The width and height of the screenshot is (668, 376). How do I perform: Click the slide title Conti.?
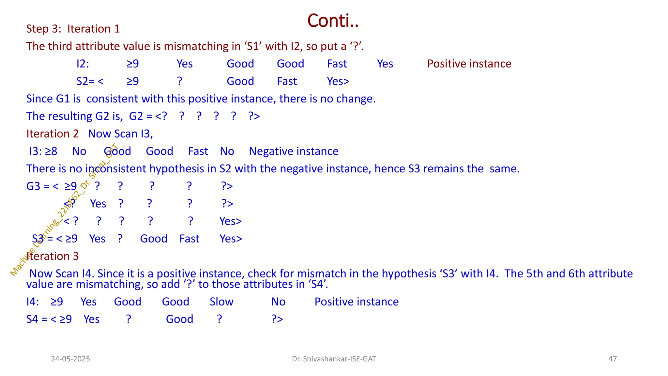333,21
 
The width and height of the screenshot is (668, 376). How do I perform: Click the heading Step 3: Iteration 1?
73,29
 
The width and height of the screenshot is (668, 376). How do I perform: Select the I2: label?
83,64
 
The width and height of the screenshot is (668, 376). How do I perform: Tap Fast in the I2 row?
337,64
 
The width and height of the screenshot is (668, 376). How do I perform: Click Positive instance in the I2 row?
469,64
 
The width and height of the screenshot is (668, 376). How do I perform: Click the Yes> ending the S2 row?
338,81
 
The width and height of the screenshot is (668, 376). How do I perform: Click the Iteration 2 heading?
53,134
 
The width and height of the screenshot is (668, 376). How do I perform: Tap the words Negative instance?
294,151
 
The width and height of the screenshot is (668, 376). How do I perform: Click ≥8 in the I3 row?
51,151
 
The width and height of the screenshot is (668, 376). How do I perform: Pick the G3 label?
33,186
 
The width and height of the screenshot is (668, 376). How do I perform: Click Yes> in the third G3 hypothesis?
230,221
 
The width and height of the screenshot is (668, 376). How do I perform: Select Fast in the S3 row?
189,239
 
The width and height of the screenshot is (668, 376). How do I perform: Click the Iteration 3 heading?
53,256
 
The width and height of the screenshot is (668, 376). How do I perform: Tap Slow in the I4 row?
221,302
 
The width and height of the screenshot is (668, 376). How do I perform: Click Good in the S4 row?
179,319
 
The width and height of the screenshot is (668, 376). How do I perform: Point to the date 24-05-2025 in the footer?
70,359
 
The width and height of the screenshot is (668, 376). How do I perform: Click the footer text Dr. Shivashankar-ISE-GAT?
334,359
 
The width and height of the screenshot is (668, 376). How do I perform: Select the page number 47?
613,359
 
